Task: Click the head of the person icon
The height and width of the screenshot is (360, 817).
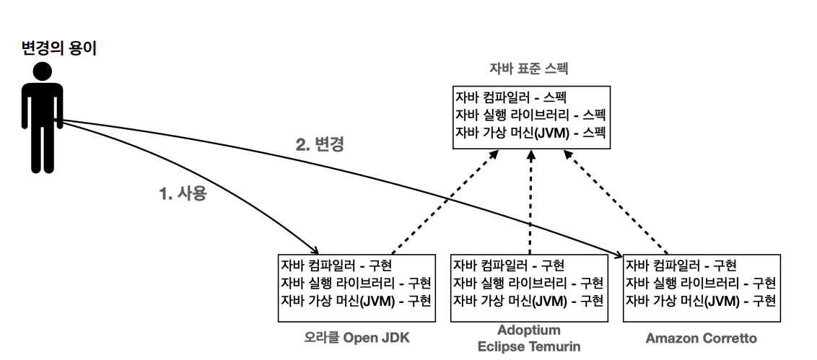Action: coord(42,71)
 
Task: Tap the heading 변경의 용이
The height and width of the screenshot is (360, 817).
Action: coord(59,48)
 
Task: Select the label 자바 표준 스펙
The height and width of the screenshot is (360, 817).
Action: coord(528,69)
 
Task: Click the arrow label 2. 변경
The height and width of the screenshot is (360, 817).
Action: coord(320,144)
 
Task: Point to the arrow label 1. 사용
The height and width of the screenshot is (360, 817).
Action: coord(183,193)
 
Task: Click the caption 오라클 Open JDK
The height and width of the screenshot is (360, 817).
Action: coord(357,338)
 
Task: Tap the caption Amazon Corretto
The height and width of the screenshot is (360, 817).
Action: coord(702,338)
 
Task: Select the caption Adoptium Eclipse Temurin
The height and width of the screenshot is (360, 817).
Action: coord(529,338)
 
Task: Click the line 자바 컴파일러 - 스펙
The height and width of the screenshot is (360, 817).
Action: coord(511,97)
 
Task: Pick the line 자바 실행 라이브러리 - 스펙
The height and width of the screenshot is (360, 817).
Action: coord(530,115)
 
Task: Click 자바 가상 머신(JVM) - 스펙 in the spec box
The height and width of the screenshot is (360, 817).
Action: coord(530,132)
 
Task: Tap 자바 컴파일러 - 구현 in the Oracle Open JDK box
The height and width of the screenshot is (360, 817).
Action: coord(336,265)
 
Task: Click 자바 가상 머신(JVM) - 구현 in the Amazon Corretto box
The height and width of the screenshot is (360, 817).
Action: coord(701,301)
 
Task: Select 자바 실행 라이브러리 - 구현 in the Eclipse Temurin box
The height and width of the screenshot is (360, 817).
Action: coord(528,283)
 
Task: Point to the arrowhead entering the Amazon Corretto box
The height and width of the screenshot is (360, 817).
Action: coord(619,255)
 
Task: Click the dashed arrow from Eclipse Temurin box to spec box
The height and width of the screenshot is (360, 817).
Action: coord(531,202)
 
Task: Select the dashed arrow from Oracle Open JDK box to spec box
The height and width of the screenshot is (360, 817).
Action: coord(445,202)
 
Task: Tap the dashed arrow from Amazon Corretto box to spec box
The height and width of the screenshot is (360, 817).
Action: coord(616,202)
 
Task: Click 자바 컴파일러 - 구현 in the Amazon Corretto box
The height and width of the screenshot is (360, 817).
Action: coord(681,265)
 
